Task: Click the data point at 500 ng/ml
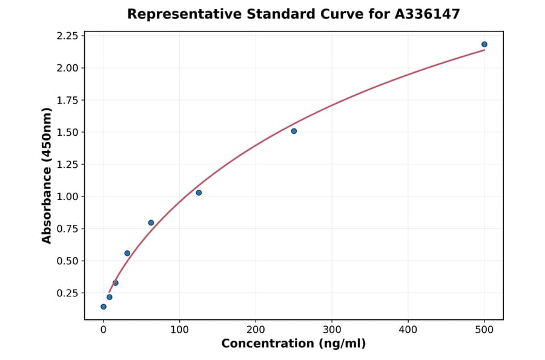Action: [x=484, y=44]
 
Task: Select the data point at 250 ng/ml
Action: [x=294, y=131]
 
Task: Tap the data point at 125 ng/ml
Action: [x=199, y=193]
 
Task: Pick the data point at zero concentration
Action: [x=104, y=307]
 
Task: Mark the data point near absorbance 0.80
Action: [x=151, y=222]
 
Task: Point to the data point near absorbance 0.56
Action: [x=127, y=253]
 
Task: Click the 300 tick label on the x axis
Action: [x=332, y=330]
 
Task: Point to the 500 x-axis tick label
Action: [x=484, y=330]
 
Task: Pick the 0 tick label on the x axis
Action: [x=104, y=330]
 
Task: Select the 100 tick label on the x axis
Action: [x=179, y=330]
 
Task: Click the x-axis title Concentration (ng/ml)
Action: [x=294, y=344]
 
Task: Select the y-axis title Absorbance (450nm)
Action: [x=47, y=176]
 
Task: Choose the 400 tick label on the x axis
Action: [x=408, y=330]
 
